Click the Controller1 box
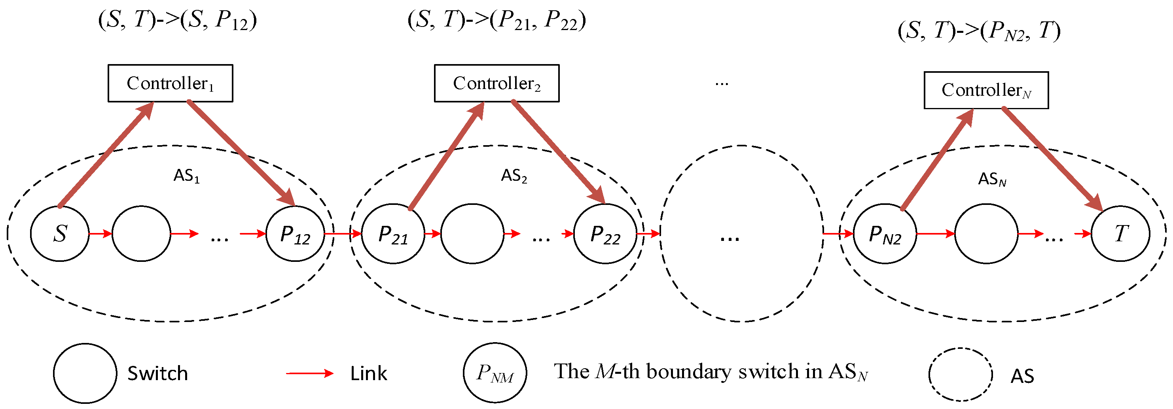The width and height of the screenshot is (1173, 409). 170,83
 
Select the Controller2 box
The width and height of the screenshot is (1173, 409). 496,83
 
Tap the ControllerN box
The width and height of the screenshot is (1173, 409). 986,90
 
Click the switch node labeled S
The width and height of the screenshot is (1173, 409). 60,234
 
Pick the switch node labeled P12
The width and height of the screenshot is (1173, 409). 295,234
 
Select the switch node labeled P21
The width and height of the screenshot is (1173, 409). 393,234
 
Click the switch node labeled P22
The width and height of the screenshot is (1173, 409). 605,234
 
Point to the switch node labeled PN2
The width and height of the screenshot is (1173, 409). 885,234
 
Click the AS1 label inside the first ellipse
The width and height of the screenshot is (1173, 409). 186,176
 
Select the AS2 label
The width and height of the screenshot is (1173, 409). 514,176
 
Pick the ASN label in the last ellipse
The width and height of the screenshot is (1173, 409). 992,180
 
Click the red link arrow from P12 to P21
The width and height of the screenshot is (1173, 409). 343,234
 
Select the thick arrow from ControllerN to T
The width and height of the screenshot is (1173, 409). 1052,159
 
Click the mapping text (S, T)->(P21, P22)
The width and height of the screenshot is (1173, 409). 496,21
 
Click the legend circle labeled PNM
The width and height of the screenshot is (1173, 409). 495,373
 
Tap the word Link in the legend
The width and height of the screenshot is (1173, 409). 368,373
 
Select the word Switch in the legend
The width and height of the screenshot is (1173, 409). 157,373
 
